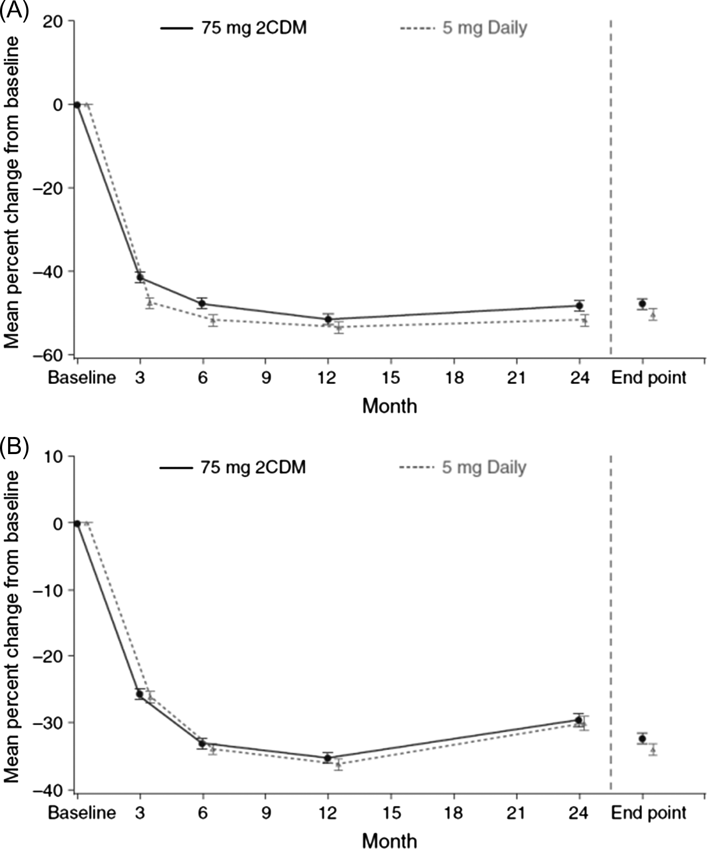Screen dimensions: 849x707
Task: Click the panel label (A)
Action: pos(14,11)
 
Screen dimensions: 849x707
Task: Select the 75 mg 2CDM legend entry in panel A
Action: pos(234,28)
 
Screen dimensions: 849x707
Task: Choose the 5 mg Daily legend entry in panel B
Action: pos(463,467)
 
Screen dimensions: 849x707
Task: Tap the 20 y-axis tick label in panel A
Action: pos(54,21)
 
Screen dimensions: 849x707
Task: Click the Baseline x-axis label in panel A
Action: pos(81,377)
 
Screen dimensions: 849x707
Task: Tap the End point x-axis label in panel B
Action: pos(649,813)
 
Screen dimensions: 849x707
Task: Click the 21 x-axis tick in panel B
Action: pos(516,813)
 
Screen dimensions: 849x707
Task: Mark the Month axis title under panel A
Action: pos(389,406)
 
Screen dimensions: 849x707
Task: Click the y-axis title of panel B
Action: pos(11,626)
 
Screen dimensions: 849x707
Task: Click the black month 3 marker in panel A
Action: pos(140,277)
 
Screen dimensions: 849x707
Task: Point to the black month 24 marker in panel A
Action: pos(579,305)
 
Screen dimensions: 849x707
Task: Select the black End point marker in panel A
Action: pos(642,303)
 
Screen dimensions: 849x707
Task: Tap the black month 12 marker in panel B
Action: pos(328,758)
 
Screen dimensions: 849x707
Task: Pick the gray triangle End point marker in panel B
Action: pos(653,749)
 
